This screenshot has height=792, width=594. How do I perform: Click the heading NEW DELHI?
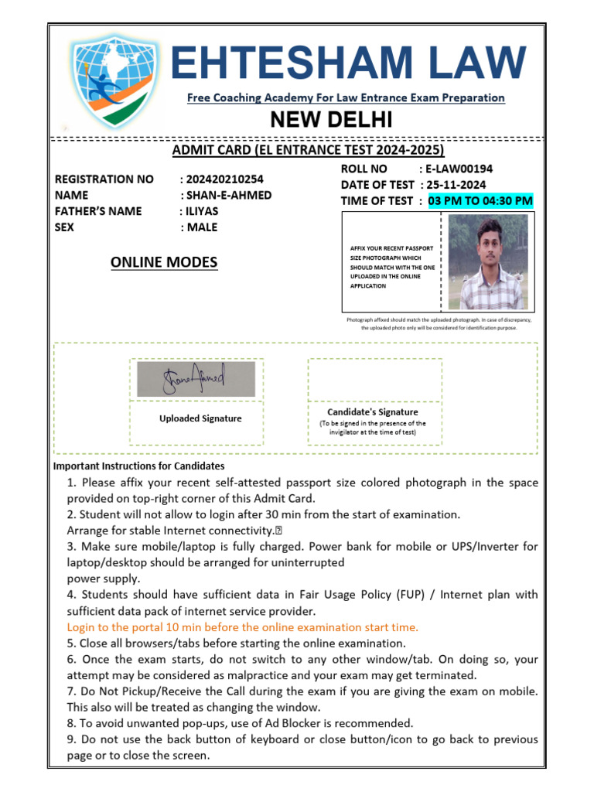click(330, 120)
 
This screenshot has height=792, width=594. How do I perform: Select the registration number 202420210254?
click(224, 179)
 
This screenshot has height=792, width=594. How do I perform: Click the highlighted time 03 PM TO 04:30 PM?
click(480, 201)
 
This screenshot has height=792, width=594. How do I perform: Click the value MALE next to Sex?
click(202, 227)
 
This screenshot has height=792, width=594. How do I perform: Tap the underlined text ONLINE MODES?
click(164, 263)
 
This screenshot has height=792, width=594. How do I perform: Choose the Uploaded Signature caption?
click(200, 418)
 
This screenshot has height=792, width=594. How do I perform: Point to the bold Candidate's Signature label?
click(373, 412)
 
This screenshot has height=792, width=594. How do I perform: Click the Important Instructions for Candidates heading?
click(138, 466)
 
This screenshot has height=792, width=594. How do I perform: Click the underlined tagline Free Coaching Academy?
click(346, 98)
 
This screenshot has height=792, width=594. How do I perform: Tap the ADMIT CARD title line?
click(308, 150)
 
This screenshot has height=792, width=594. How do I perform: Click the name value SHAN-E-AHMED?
click(228, 195)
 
